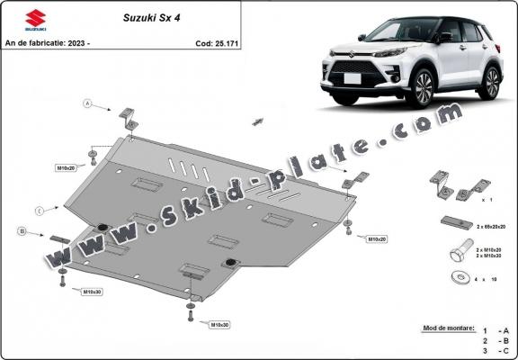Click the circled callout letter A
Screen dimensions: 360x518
pyautogui.click(x=88, y=103)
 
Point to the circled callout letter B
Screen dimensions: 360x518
pyautogui.click(x=21, y=232)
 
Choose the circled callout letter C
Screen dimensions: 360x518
pyautogui.click(x=40, y=211)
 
